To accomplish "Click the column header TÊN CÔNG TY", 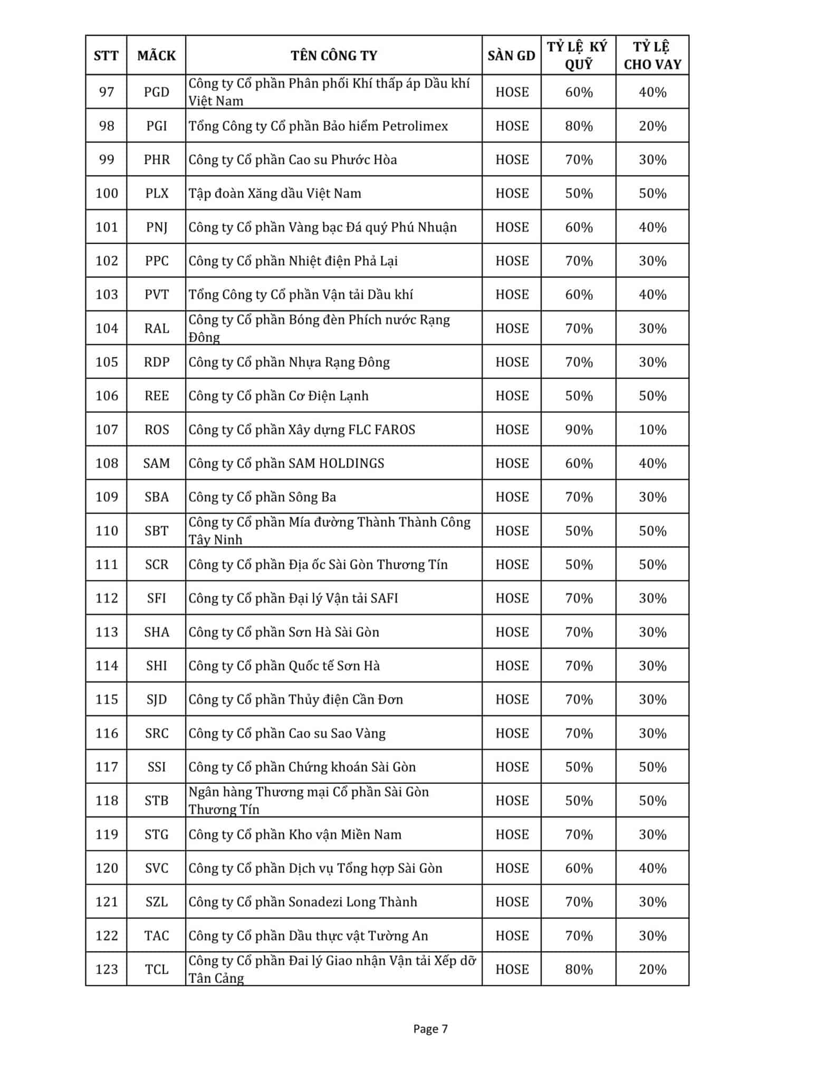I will (x=333, y=55).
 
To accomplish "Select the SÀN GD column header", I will (x=511, y=55).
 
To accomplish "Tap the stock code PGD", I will (x=156, y=92).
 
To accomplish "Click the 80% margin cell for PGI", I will (x=579, y=126).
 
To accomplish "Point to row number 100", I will (x=107, y=193).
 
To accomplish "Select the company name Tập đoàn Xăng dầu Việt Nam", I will (x=275, y=193).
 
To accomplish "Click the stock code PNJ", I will (x=156, y=227).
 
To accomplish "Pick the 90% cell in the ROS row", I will (x=579, y=430).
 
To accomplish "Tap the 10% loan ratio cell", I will (x=652, y=430).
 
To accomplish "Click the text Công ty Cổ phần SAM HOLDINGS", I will (x=286, y=463).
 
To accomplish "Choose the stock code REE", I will (x=156, y=396).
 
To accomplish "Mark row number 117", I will (x=107, y=767).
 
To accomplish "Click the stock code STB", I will (x=156, y=801).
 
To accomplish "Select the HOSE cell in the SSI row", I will (x=512, y=767).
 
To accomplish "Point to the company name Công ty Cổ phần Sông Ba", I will (x=262, y=497).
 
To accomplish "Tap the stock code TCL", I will (x=156, y=970).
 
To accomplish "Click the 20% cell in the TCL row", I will (x=652, y=970).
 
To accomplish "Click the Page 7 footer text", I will (x=430, y=1029).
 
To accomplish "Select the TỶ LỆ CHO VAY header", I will (x=652, y=55).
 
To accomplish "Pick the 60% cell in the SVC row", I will (x=579, y=868).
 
